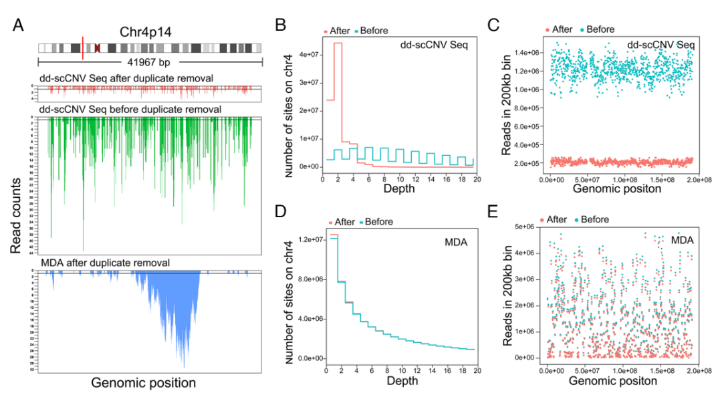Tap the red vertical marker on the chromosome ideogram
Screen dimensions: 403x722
pos(82,48)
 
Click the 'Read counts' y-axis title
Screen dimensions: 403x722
pos(15,215)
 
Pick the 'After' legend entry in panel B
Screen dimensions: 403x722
pos(342,30)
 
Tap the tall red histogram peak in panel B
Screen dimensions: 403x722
pos(338,43)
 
